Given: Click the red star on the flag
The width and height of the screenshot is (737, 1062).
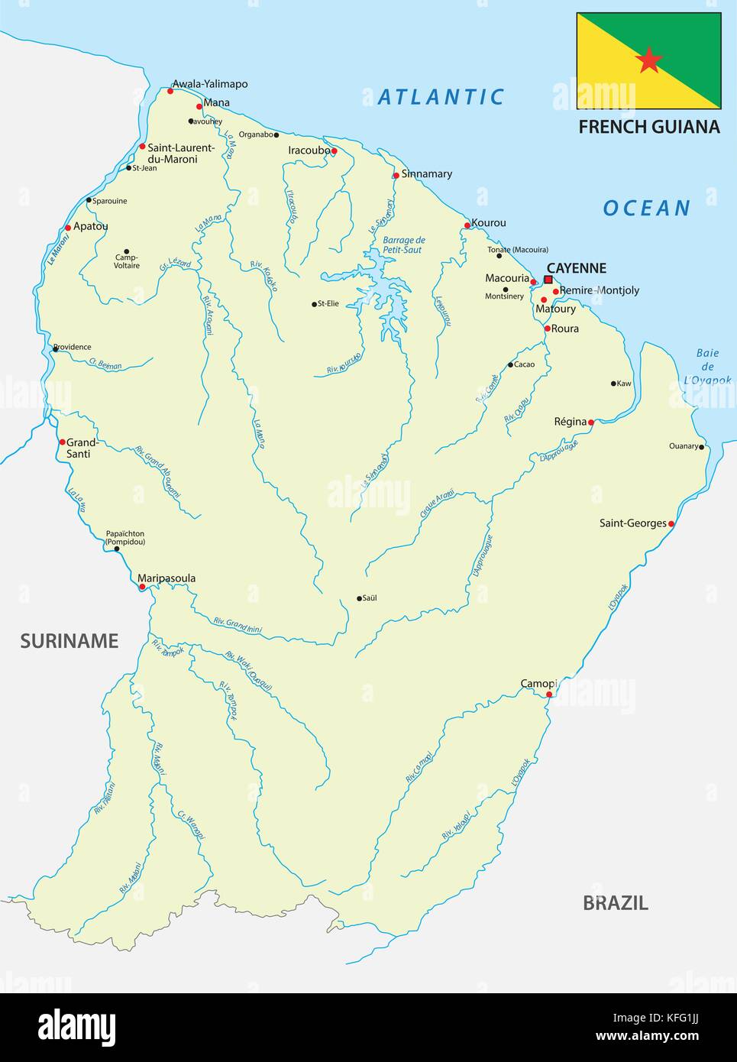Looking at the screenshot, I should tap(648, 60).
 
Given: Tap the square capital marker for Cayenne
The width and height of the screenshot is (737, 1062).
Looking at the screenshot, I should tap(548, 280).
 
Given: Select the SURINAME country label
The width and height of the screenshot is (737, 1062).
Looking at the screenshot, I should tap(69, 640).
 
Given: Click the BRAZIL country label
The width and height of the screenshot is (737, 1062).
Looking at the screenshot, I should tap(615, 902).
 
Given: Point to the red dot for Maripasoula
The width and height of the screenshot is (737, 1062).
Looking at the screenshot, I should tap(142, 587).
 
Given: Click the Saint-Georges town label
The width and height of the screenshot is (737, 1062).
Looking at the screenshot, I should tap(632, 523).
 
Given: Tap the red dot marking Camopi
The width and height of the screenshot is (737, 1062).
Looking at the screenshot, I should tap(549, 694).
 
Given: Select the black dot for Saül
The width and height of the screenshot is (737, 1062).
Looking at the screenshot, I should tap(359, 598).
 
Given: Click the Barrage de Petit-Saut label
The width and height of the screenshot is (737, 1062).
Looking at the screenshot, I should tap(403, 244).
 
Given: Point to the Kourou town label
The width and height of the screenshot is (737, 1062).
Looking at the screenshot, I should tap(489, 223).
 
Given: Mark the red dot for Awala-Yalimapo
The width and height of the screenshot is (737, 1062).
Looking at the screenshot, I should tap(170, 91).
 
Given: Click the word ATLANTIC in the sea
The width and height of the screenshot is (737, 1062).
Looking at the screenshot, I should tap(441, 97).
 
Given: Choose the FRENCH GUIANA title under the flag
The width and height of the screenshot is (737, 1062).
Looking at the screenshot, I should tap(648, 127).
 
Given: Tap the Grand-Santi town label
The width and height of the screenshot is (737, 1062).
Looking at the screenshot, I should tap(82, 448).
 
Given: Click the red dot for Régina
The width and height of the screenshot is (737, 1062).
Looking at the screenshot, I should tap(590, 422).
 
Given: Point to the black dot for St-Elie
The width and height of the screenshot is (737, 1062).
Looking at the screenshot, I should tap(314, 304).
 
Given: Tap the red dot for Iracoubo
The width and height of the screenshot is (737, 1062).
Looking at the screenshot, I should tap(334, 151).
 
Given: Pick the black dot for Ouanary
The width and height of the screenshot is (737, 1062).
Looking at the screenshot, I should tap(701, 446).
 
